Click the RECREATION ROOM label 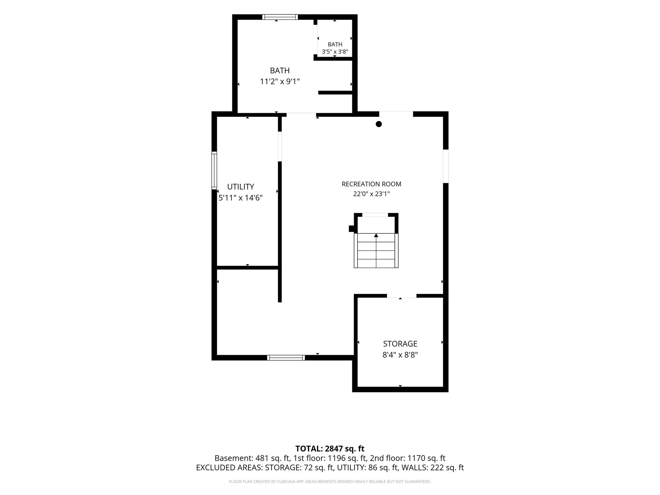(371, 184)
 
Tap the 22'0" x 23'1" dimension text (371, 194)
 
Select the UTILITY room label (241, 187)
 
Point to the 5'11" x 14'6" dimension (241, 198)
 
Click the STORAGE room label (400, 344)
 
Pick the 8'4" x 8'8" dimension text (400, 355)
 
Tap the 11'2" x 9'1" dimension (280, 81)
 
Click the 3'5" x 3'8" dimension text (335, 52)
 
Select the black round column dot (379, 124)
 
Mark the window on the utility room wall (214, 170)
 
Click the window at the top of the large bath (280, 17)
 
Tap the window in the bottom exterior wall (286, 357)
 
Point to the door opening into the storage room (401, 296)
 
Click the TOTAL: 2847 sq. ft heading (330, 449)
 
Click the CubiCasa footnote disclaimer (330, 482)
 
